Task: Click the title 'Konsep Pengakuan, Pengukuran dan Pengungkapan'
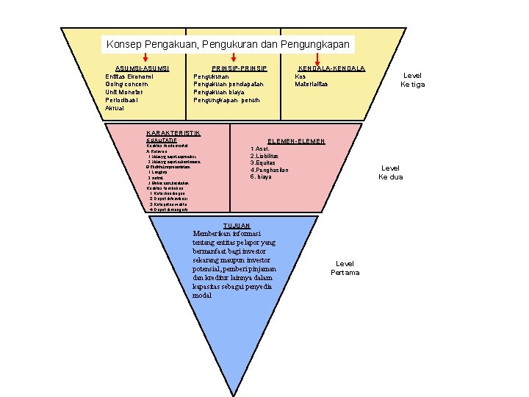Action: [228, 44]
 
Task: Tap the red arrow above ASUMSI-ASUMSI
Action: [145, 58]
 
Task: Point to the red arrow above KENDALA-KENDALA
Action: [317, 58]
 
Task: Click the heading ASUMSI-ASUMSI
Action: [143, 68]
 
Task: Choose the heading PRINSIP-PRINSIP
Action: [239, 68]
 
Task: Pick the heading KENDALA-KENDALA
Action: [331, 68]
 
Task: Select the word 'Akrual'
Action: [115, 108]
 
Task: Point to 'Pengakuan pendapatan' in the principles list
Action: [228, 84]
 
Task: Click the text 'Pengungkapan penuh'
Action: [228, 100]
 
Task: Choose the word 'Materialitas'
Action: [312, 84]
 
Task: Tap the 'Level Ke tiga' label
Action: [413, 79]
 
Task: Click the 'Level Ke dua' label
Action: [391, 173]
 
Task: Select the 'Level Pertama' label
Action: [345, 268]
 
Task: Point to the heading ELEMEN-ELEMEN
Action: [296, 140]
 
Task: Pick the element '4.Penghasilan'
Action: [270, 170]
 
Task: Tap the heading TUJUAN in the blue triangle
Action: [236, 226]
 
